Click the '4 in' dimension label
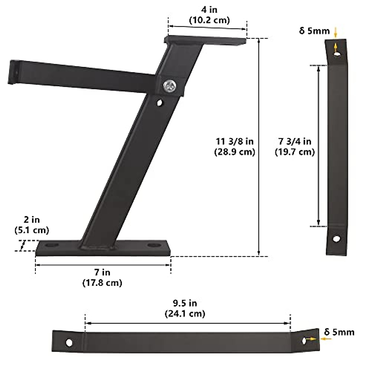tap(209, 10)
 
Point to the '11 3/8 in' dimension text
tap(235, 141)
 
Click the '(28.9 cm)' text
tap(235, 152)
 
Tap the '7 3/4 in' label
tap(295, 141)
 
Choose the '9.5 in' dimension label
tap(185, 303)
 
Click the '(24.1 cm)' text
tap(185, 313)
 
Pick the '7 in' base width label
tap(102, 272)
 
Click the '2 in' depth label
tap(32, 220)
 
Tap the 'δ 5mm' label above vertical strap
tap(314, 31)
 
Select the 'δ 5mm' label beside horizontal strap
tap(339, 332)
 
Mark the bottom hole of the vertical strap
tap(336, 239)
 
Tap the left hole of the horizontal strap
tap(69, 343)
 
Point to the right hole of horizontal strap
tap(305, 341)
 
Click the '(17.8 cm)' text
tap(102, 283)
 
